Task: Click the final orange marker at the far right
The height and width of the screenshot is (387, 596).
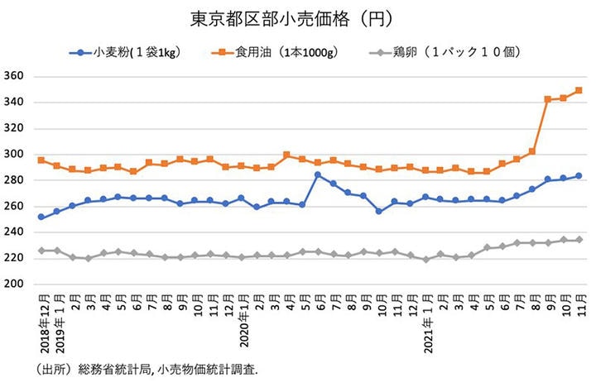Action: tap(579, 90)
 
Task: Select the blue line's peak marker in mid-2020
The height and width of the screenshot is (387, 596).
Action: tap(318, 174)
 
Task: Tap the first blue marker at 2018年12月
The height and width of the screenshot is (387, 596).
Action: tap(42, 217)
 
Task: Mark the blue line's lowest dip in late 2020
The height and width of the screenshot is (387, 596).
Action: tap(379, 211)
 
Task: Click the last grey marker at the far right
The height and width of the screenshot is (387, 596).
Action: tap(579, 240)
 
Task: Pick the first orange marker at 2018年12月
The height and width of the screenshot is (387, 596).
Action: tap(42, 160)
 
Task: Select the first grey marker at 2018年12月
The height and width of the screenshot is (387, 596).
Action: tap(42, 251)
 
